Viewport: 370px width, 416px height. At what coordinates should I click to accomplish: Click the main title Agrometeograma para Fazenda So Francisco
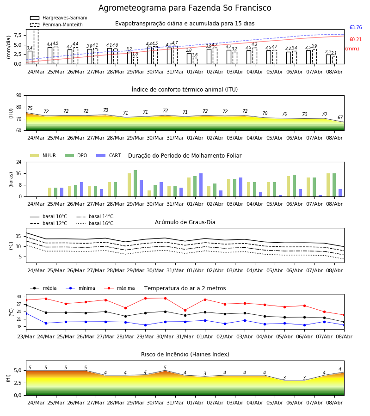(185, 8)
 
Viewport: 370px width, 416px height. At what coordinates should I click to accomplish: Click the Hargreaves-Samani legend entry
(58, 18)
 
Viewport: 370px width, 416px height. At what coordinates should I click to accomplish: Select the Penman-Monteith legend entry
(56, 24)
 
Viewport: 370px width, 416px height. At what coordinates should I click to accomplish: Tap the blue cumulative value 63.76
(356, 27)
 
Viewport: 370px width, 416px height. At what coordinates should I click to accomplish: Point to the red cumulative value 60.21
(356, 40)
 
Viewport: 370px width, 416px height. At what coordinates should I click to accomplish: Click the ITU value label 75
(30, 108)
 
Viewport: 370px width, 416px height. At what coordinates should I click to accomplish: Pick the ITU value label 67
(340, 117)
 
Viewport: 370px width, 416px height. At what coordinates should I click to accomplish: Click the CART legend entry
(109, 155)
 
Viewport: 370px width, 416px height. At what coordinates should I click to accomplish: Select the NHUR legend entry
(43, 155)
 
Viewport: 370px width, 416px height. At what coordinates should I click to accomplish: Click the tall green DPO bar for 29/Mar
(136, 184)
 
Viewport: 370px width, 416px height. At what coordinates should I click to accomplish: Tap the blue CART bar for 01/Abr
(201, 185)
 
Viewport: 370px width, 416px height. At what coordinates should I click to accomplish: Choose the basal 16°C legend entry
(95, 223)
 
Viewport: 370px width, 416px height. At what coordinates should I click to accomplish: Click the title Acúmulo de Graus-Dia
(185, 222)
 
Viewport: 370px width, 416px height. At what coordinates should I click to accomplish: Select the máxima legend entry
(119, 288)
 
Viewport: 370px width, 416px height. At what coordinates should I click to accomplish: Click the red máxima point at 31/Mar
(185, 310)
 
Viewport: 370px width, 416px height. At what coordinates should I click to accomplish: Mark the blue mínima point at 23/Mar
(26, 313)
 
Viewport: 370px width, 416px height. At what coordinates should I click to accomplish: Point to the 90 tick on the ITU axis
(19, 96)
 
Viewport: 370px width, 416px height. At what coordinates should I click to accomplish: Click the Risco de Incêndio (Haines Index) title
(185, 354)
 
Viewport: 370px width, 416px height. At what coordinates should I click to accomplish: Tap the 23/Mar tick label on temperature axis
(26, 336)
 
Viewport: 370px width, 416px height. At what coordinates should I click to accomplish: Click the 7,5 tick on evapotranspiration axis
(18, 35)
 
